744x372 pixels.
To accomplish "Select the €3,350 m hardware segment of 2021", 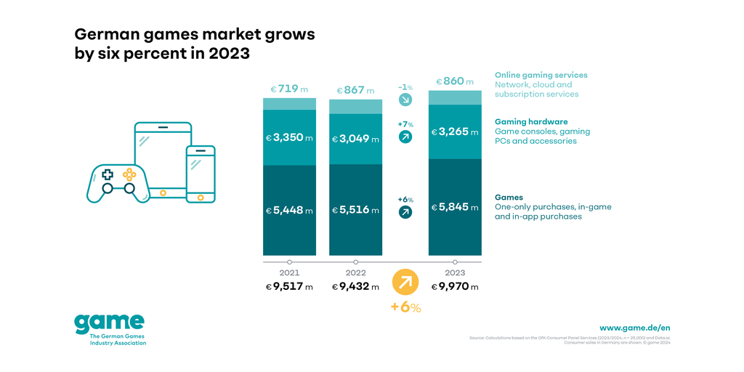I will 289,138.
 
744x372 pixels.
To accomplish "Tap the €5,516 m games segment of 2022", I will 355,210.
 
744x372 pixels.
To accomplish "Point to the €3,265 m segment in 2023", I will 455,132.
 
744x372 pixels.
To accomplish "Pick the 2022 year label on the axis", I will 355,273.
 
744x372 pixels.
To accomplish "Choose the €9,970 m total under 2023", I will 455,287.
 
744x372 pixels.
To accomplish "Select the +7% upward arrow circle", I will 405,137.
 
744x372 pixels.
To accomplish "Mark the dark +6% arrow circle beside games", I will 405,212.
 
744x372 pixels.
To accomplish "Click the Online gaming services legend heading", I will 541,75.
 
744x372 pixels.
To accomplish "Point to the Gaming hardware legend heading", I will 531,121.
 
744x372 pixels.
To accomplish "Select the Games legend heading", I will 509,197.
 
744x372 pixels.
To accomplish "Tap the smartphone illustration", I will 201,174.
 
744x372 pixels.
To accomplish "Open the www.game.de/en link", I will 634,328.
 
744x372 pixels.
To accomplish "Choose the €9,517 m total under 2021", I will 289,287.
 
